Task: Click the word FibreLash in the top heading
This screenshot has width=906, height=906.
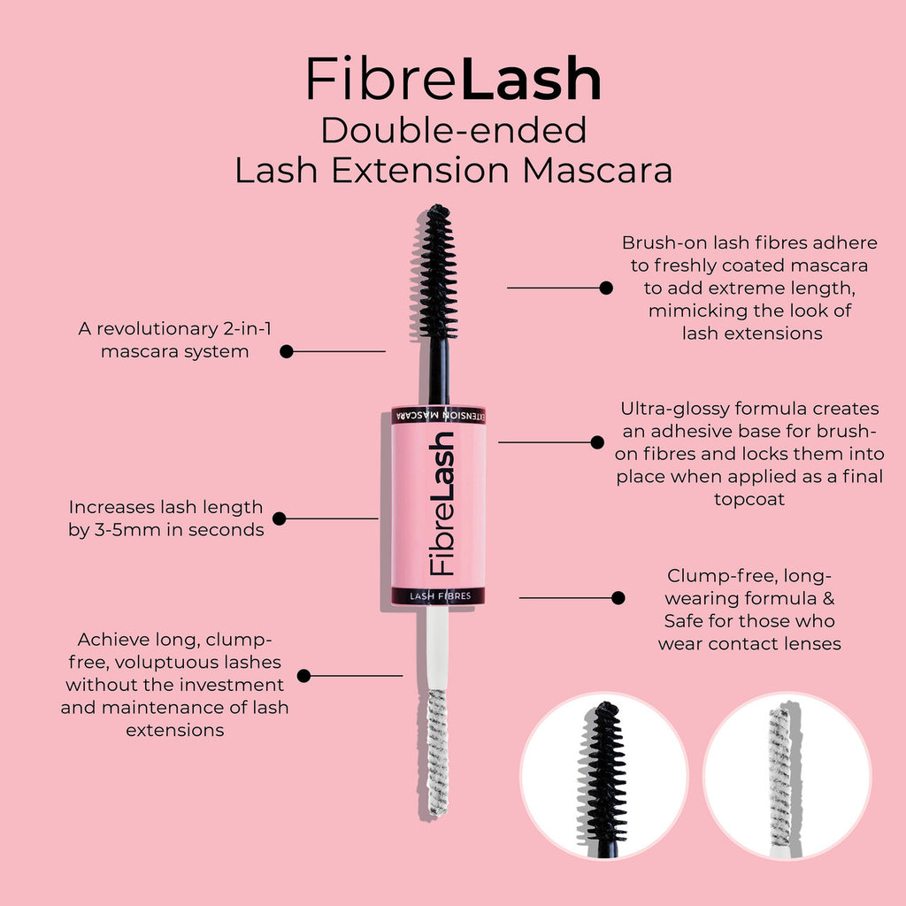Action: click(x=453, y=80)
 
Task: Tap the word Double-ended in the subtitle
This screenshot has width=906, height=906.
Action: click(x=453, y=130)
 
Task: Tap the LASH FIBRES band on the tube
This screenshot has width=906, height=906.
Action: click(x=439, y=596)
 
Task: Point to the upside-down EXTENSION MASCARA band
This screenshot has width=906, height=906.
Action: click(x=439, y=415)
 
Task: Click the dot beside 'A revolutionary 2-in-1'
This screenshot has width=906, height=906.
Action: click(x=287, y=351)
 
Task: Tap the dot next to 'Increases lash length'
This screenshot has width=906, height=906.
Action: click(x=280, y=518)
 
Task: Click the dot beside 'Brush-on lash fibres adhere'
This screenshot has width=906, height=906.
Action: click(x=606, y=288)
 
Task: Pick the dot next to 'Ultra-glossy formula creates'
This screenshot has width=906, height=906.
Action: click(x=597, y=441)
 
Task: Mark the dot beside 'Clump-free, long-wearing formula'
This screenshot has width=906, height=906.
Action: click(x=618, y=598)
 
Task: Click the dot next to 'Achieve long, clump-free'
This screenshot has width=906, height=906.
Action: click(x=303, y=676)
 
